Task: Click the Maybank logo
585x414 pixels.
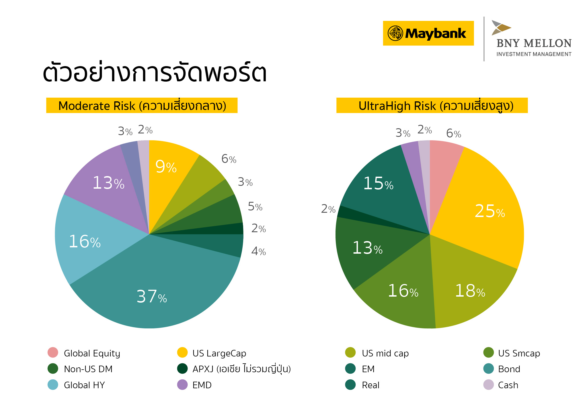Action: [428, 33]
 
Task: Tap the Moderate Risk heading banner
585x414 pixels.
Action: [142, 106]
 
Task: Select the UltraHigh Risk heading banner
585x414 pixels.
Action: [432, 106]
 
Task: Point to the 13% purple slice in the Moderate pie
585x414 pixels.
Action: [109, 183]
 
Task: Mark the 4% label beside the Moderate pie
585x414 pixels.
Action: [258, 251]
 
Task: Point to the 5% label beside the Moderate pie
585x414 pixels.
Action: [255, 207]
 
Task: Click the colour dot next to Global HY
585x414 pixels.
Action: [53, 385]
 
